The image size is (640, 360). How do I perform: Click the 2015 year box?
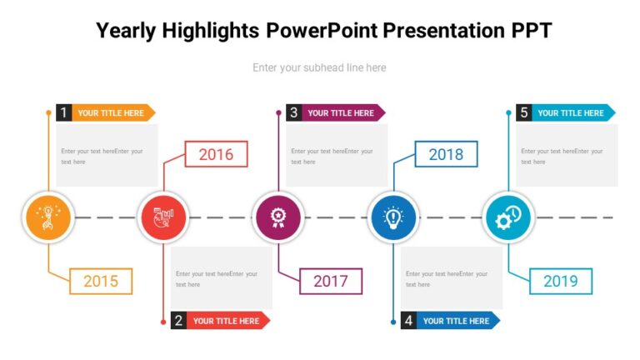point(101,282)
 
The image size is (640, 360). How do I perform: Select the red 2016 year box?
point(216,154)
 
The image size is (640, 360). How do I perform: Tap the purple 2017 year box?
point(331,282)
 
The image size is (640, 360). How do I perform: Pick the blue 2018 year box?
point(446,154)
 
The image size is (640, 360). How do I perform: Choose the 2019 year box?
point(561,282)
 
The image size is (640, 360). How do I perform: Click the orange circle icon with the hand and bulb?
point(48,217)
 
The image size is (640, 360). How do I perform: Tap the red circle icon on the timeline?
point(163,217)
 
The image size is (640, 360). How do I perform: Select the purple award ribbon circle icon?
point(278,217)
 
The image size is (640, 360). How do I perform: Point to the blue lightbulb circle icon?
point(393,217)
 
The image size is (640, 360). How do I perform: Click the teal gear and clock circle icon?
point(508,217)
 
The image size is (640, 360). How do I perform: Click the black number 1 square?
point(64,112)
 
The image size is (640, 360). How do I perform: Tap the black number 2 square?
point(179,321)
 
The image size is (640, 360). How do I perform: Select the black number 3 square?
point(294,112)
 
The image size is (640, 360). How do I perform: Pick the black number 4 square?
point(409,321)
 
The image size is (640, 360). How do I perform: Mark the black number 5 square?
point(524,112)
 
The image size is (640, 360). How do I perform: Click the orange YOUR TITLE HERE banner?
point(112,112)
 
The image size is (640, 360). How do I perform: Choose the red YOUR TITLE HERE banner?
point(227,321)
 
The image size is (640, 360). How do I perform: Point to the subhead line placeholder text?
point(319,67)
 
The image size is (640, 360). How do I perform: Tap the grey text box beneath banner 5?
point(567,156)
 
